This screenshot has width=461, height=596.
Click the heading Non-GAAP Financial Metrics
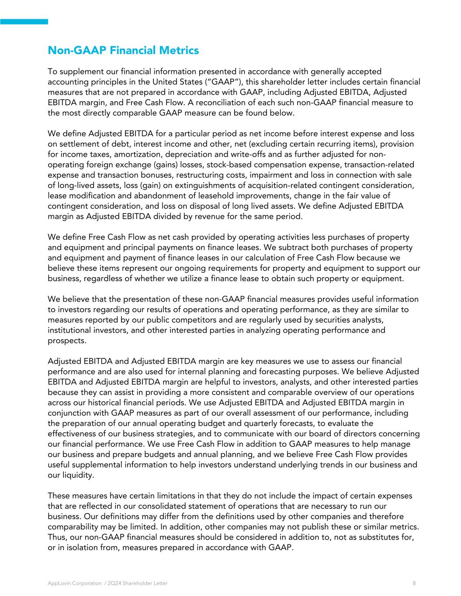click(x=123, y=51)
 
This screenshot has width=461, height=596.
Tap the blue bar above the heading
click(x=24, y=21)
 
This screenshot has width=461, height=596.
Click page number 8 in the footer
click(x=414, y=583)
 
